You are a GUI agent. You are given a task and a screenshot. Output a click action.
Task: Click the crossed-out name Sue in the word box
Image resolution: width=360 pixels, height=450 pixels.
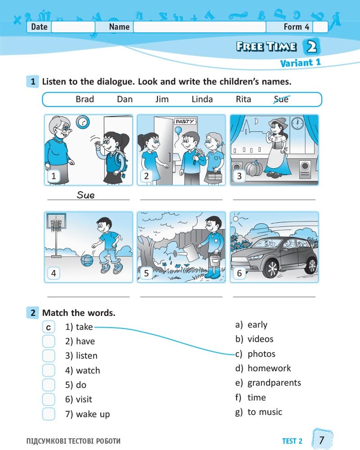pos(281,99)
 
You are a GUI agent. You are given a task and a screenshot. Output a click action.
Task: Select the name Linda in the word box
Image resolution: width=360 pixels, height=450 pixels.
pos(202,99)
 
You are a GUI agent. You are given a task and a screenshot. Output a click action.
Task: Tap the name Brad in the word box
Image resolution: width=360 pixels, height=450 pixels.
pos(85,99)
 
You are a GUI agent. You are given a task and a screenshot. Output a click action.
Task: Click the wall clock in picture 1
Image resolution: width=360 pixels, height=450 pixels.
pos(83,122)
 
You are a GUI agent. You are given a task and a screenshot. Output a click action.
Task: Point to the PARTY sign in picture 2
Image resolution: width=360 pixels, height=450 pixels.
pos(184,121)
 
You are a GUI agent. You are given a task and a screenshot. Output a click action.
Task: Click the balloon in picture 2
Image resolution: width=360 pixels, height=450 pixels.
pos(178,130)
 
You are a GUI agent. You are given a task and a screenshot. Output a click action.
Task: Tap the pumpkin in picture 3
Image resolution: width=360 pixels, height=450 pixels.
pos(253,168)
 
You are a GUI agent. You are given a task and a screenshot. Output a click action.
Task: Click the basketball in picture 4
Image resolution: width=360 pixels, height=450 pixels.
pos(87,260)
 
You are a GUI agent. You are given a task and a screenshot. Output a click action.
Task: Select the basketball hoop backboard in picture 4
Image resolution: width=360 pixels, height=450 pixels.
pos(56,220)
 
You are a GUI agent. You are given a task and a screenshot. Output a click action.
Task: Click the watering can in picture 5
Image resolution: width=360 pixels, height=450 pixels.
pos(190,252)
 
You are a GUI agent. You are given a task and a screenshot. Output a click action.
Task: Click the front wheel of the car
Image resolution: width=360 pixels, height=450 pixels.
pos(271,270)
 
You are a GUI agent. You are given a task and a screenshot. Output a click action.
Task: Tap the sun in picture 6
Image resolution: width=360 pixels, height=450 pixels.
pos(236,219)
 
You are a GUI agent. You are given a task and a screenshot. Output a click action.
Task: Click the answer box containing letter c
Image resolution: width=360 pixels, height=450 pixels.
pos(49,327)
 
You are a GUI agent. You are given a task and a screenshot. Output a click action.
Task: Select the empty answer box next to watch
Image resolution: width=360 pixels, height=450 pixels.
pos(49,370)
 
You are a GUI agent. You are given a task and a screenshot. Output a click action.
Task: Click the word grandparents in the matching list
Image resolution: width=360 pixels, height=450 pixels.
pos(274,383)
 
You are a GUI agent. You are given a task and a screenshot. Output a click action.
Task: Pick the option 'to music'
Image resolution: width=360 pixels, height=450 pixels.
pos(265,412)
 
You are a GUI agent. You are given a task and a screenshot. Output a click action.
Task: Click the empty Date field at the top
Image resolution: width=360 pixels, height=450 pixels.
pos(73,27)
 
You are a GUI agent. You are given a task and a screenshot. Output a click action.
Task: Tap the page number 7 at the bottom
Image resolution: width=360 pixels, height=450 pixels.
pos(322,440)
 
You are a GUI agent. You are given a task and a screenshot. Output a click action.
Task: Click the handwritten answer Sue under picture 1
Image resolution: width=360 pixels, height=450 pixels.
pos(85,195)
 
